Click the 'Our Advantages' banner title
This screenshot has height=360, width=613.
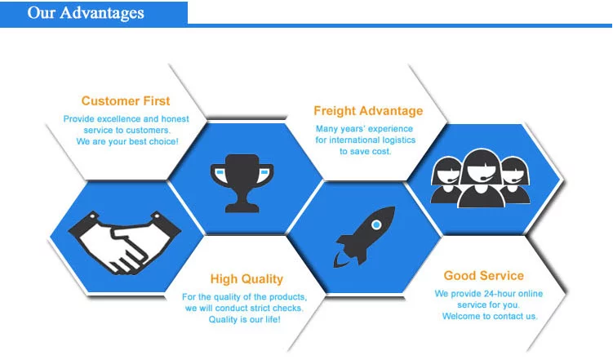[x=86, y=13]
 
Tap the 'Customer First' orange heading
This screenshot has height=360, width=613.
[x=126, y=101]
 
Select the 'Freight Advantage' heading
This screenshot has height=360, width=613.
[x=368, y=111]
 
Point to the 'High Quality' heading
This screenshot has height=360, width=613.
[x=247, y=279]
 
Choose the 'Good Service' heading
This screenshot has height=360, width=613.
[x=483, y=276]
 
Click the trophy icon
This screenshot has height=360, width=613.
[x=242, y=184]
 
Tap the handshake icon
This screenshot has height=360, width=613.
[x=124, y=242]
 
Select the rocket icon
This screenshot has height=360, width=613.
[x=364, y=237]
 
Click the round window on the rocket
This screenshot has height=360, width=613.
[x=376, y=224]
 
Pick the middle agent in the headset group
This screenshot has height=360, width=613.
[x=481, y=178]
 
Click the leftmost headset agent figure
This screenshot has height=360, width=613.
[x=446, y=180]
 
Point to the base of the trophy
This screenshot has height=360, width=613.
[x=242, y=207]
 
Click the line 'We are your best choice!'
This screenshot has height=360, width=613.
[x=127, y=141]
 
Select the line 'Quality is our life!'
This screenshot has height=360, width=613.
[x=245, y=319]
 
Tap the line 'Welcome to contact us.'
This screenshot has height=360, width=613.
[x=490, y=316]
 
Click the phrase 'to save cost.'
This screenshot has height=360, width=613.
[x=365, y=151]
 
